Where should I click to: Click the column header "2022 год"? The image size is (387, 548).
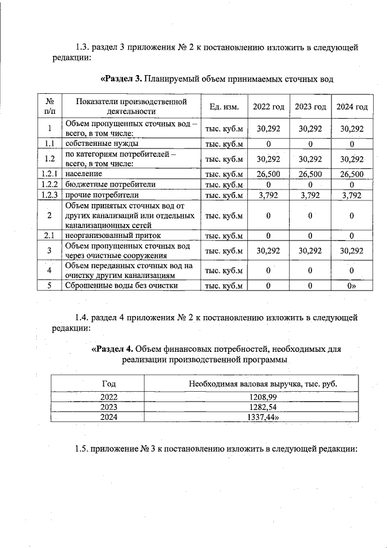268,107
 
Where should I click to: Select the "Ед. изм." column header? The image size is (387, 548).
225,107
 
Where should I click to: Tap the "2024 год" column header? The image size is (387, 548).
352,107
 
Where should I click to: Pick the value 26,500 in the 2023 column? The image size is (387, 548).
310,174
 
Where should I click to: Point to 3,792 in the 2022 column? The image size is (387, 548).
268,195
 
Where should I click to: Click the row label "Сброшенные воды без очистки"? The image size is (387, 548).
122,286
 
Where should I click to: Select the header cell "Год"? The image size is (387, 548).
109,384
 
